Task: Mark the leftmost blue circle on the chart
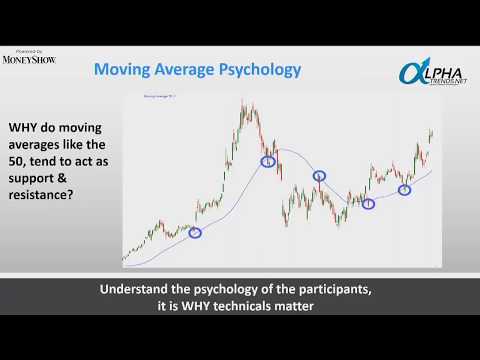tap(195, 233)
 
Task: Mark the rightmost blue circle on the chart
tap(405, 189)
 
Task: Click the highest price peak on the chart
tap(246, 102)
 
